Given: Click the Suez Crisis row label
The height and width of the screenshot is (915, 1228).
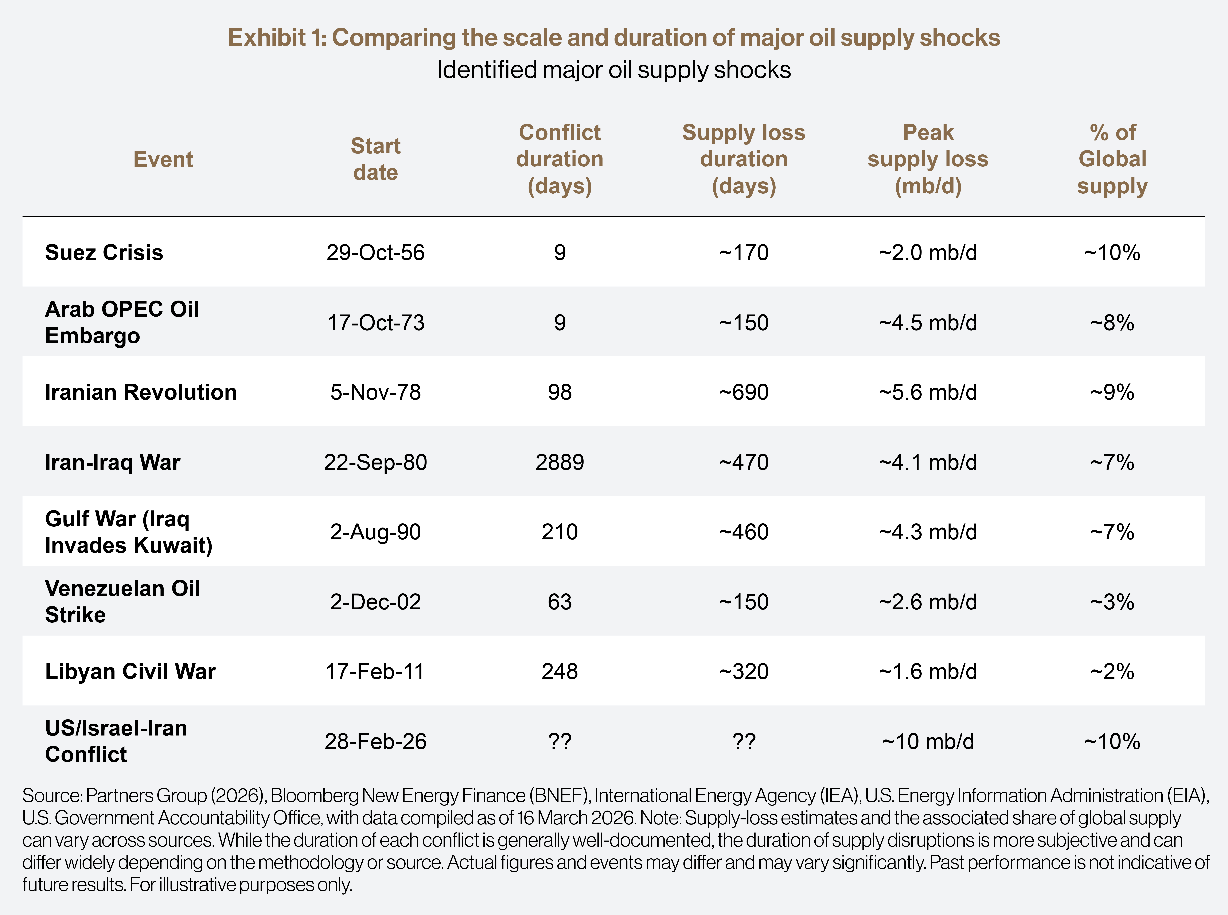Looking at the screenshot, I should (x=104, y=253).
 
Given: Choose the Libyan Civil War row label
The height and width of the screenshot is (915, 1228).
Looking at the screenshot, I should (x=130, y=671).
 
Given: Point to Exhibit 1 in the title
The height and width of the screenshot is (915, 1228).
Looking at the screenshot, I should (x=277, y=38).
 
